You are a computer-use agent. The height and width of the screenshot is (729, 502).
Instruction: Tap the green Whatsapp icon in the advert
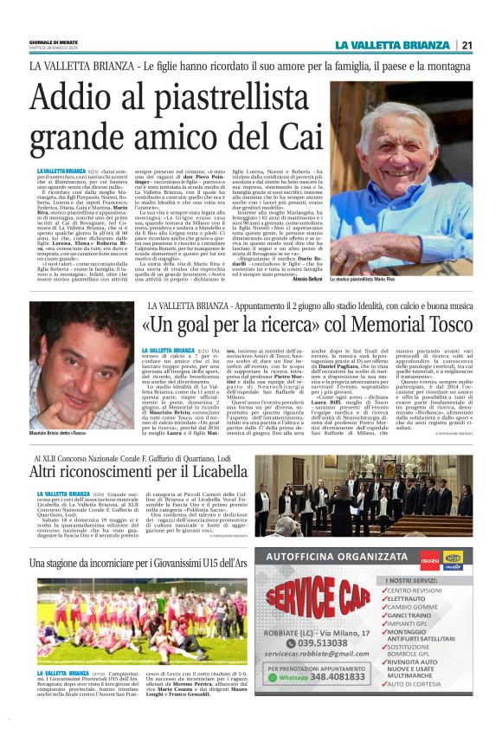pyautogui.click(x=274, y=679)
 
